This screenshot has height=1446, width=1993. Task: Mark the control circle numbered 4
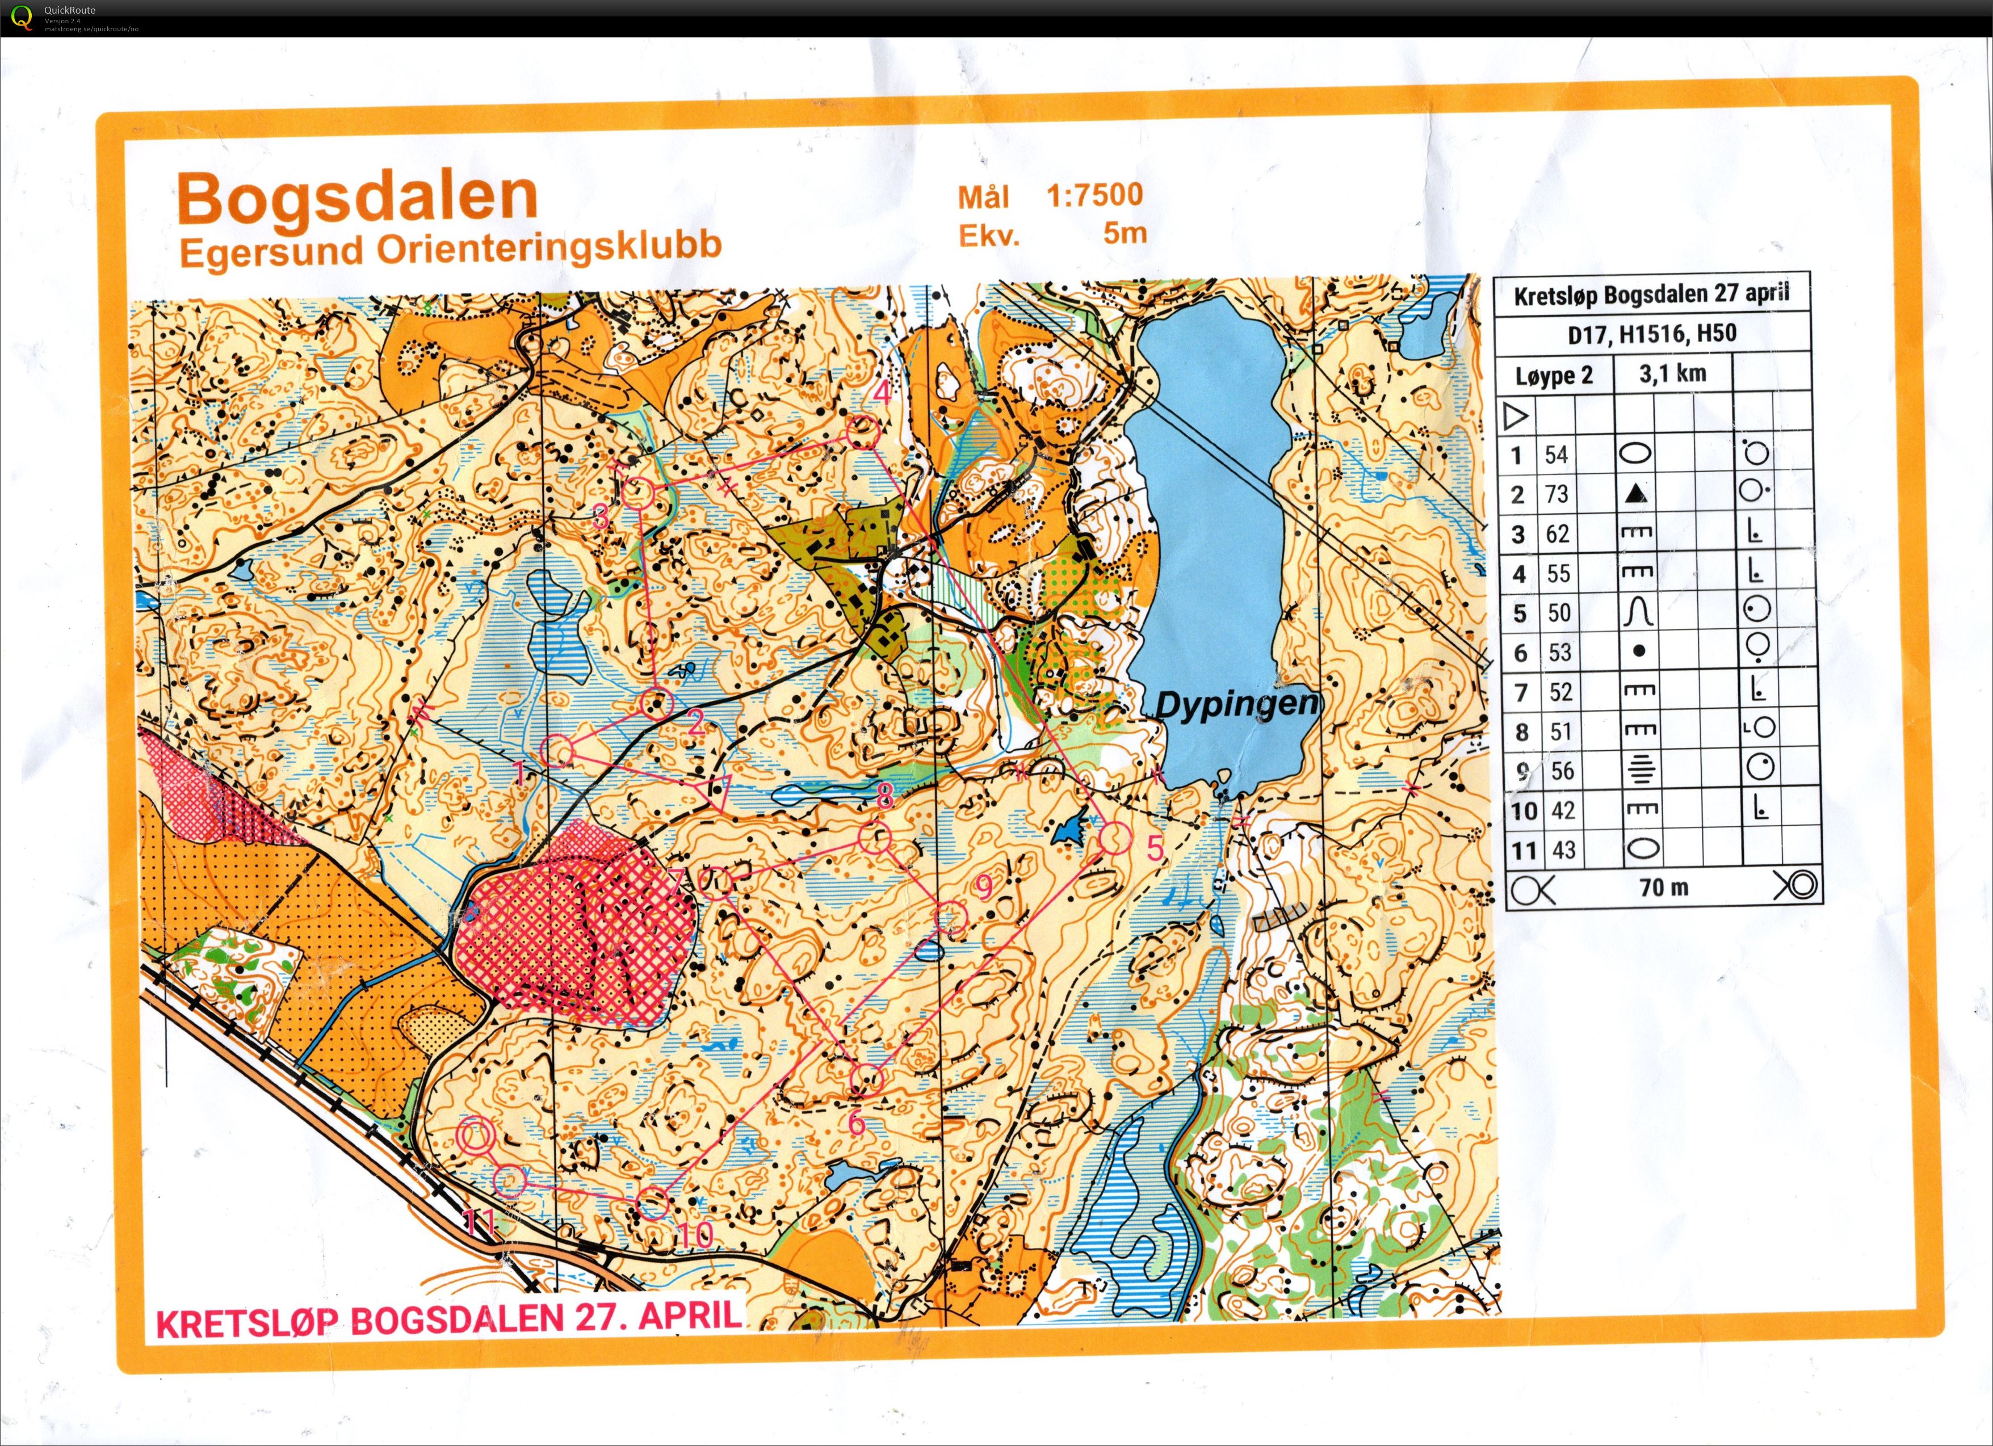pos(862,431)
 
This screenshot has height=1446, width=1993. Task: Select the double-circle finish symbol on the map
pos(475,1136)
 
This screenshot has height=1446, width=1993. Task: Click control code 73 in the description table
pos(1556,495)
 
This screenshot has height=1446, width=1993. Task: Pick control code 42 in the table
pos(1562,810)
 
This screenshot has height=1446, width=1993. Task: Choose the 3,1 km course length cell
pos(1672,373)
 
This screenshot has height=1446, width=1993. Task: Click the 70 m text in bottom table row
pos(1663,887)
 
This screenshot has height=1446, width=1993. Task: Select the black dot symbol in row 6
pos(1638,652)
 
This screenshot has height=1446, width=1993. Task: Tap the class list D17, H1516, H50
pos(1651,334)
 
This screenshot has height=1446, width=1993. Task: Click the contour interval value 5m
pos(1125,234)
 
